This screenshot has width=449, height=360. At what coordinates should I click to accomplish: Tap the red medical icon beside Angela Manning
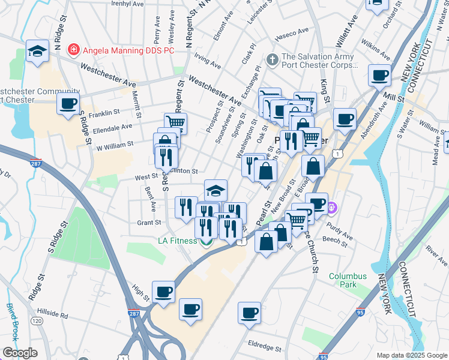73,47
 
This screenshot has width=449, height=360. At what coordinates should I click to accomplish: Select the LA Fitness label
177,241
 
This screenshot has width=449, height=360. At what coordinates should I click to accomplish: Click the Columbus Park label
348,281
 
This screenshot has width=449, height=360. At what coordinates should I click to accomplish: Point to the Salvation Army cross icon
272,59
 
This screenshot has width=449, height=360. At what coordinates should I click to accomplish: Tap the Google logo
20,353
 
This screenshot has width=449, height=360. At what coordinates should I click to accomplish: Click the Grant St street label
149,223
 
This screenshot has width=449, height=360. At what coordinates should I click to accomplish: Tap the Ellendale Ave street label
113,127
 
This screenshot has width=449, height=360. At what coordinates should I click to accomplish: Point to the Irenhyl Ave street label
128,4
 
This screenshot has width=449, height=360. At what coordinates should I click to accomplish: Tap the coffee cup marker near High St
163,292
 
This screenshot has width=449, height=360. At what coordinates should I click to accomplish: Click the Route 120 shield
37,321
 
